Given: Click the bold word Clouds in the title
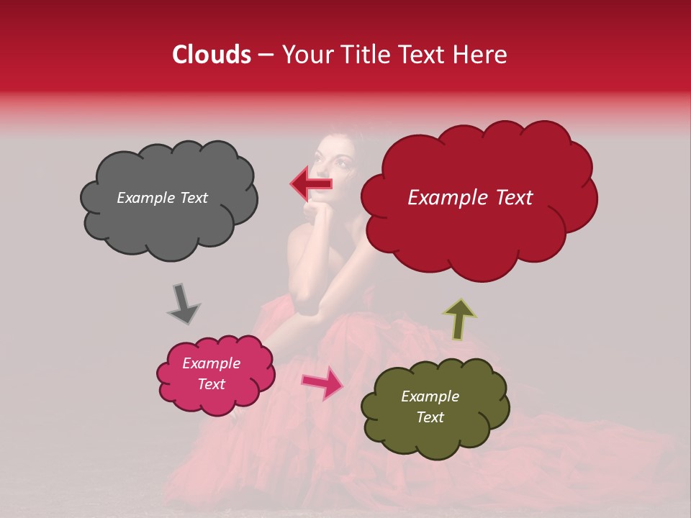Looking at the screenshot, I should tap(212, 55).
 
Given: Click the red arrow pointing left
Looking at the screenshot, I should tap(312, 183).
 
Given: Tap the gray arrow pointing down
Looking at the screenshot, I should tap(183, 304).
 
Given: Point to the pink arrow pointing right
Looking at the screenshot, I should tap(322, 382).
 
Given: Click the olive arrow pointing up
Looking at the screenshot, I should tap(459, 318).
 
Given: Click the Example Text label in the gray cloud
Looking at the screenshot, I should tap(162, 198).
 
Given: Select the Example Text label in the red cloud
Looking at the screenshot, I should tap(470, 198).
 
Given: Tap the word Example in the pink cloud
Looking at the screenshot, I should tap(211, 363).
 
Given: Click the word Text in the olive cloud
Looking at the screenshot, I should tap(430, 417).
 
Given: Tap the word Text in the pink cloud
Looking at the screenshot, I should tap(211, 384).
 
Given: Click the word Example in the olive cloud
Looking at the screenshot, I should tap(430, 396).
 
